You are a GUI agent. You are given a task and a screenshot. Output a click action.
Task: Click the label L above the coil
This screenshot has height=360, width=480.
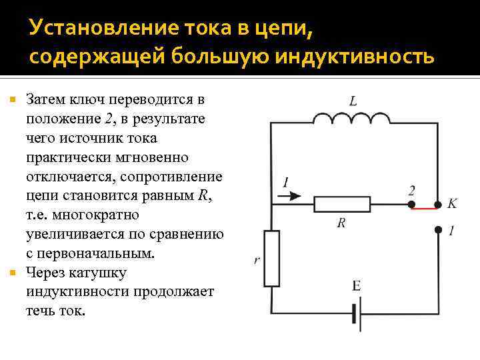[353, 101]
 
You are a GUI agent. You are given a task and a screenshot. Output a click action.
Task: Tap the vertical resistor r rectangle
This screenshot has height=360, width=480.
[271, 257]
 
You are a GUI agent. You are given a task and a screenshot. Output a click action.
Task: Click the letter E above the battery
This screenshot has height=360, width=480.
[357, 286]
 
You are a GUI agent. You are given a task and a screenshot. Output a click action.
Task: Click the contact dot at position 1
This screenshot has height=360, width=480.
[438, 230]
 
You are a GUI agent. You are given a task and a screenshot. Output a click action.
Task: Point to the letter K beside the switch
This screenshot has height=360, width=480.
[453, 203]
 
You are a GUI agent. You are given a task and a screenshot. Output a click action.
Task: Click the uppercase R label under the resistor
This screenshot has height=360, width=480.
[341, 223]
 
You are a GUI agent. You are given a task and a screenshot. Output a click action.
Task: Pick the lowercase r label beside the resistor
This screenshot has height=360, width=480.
[257, 260]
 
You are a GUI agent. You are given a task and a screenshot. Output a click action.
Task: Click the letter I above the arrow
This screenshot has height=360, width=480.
[286, 182]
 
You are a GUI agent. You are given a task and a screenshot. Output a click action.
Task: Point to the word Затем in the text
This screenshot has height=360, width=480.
[47, 100]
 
